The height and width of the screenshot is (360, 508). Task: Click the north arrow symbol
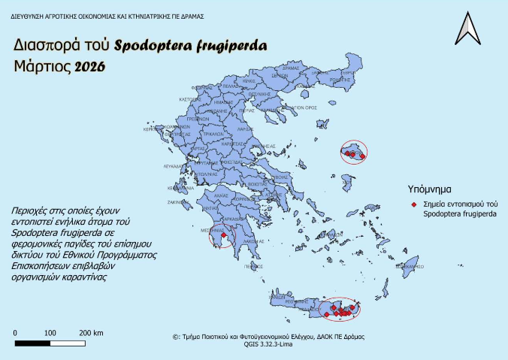(470, 29)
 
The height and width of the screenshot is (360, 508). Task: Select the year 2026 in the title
(90, 67)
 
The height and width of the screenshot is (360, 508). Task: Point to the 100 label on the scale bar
(50, 332)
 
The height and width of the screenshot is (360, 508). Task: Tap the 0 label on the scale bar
(15, 332)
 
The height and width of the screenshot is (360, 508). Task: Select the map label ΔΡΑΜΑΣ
(321, 68)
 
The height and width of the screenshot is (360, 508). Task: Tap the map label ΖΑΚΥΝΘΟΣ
(177, 201)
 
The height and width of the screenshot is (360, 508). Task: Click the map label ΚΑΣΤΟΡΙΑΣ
(189, 99)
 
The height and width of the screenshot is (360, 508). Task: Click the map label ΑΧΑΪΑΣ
(221, 194)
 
